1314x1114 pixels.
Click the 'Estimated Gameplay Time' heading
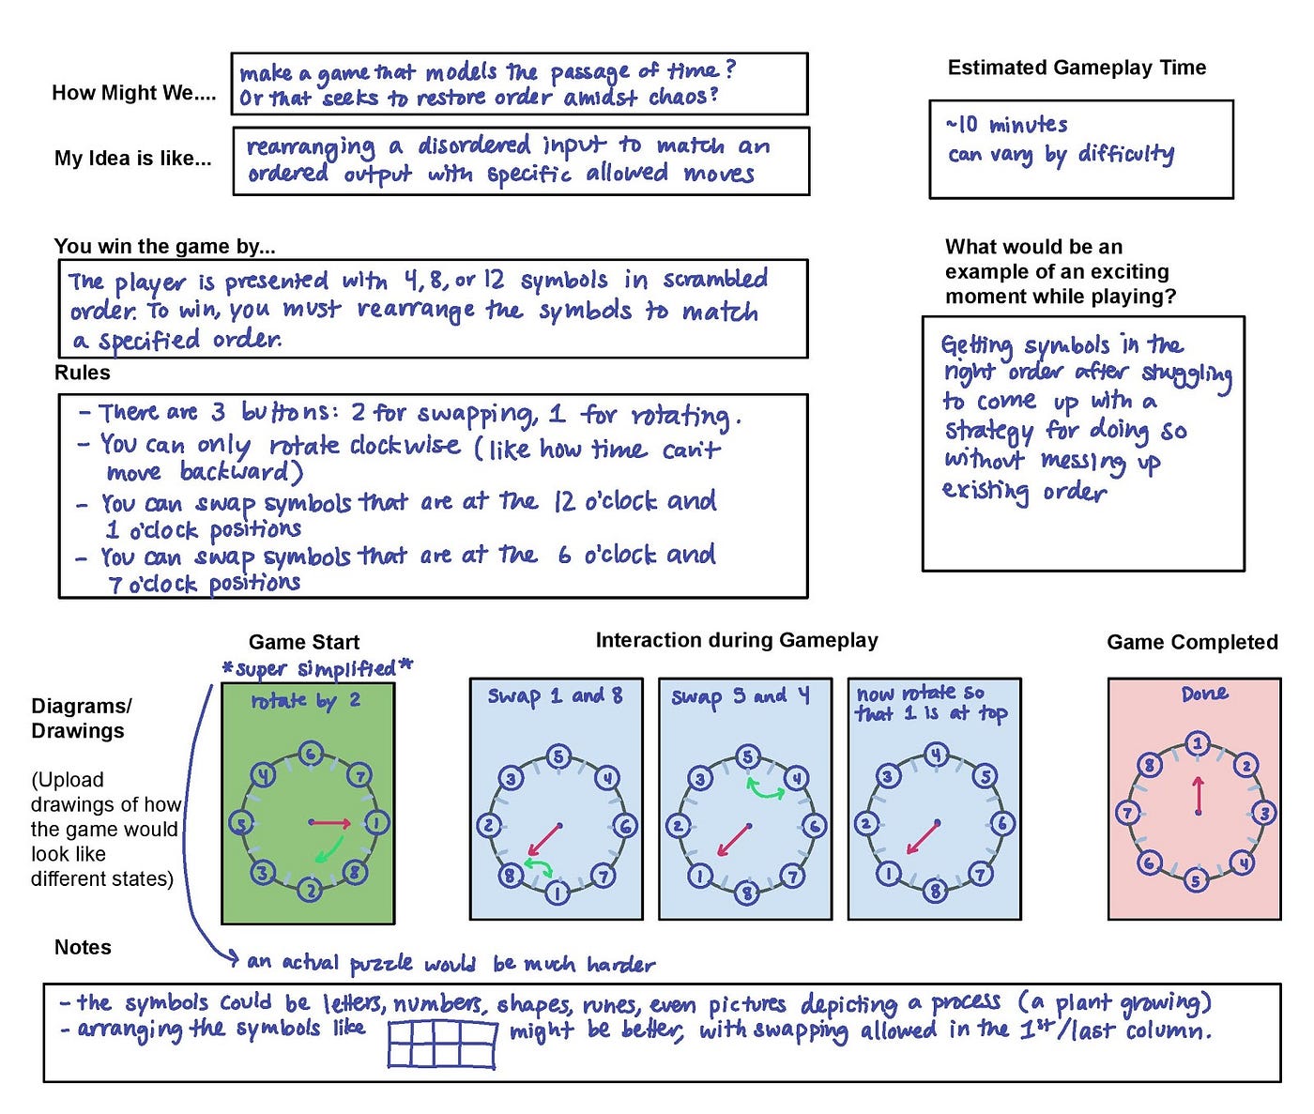click(x=1077, y=68)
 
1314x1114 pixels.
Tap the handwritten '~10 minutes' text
click(x=1006, y=124)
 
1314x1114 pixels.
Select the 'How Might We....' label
click(x=133, y=93)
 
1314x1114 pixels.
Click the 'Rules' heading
click(x=82, y=373)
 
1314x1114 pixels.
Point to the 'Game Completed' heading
click(x=1192, y=642)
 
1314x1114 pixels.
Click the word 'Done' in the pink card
click(x=1204, y=694)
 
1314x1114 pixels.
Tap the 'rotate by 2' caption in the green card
click(x=305, y=701)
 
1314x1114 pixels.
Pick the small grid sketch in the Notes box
click(x=442, y=1044)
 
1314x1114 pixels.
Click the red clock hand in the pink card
click(x=1198, y=796)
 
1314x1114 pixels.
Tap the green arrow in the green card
click(x=328, y=850)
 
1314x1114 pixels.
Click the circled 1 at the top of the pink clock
click(x=1198, y=744)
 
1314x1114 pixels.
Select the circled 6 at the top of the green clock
click(x=311, y=754)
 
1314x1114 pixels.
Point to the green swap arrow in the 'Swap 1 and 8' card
click(x=538, y=865)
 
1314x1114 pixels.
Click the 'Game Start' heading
click(x=303, y=642)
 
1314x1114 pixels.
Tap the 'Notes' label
click(x=83, y=947)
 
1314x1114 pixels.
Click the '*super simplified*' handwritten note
click(x=317, y=668)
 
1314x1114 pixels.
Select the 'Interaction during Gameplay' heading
click(x=737, y=640)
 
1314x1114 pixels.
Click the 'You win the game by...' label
click(x=164, y=247)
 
